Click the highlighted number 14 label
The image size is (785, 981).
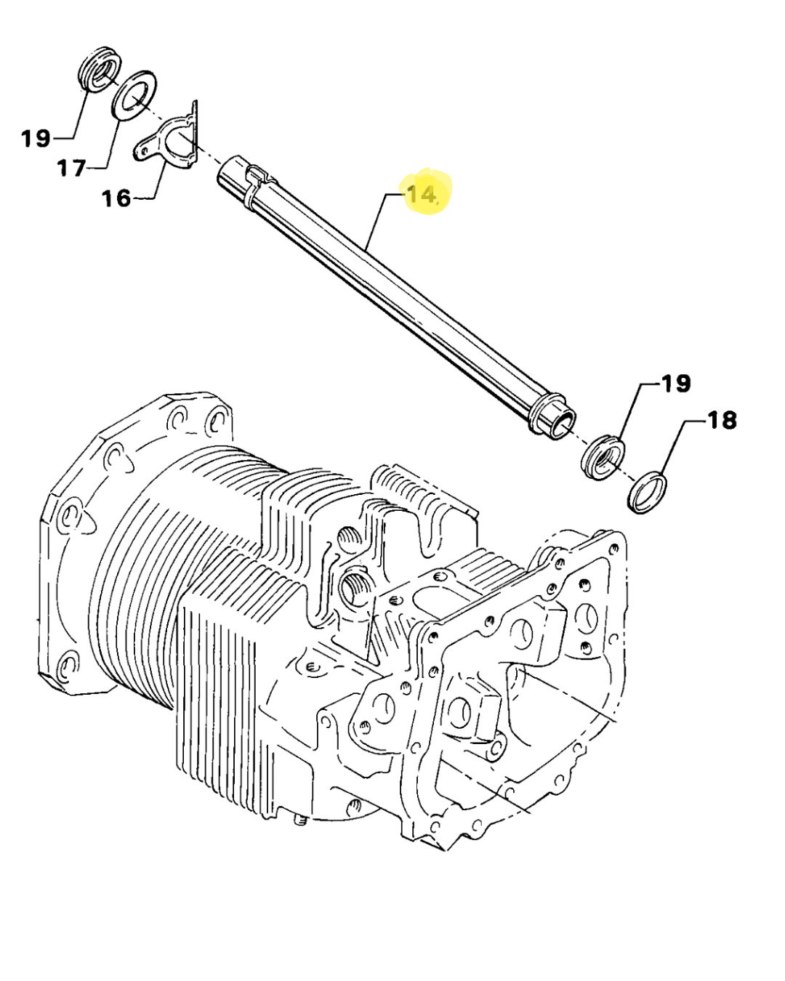coord(422,194)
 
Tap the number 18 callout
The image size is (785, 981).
coord(721,420)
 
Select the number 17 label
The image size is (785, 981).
coord(72,169)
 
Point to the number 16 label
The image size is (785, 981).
coord(116,198)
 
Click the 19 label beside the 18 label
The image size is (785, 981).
coord(675,383)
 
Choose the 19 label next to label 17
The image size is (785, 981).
coord(36,137)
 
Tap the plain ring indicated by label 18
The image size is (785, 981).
coord(646,493)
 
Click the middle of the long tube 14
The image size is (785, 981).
coord(392,291)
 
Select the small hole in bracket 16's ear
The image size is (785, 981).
coord(140,150)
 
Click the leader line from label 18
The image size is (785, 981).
coord(670,451)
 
